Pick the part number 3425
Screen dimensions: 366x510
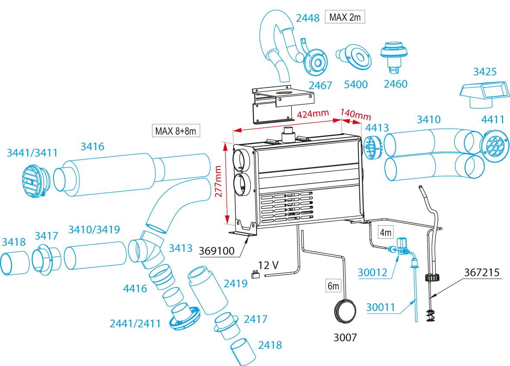click(x=485, y=71)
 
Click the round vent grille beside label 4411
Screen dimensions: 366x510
click(x=492, y=146)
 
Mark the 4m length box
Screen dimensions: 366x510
click(x=385, y=232)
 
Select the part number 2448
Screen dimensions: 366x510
click(x=307, y=18)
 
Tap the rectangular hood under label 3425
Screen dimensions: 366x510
click(x=483, y=94)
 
